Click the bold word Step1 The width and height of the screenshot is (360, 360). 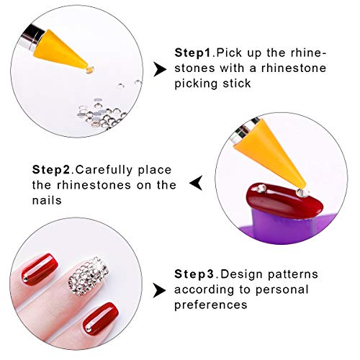pyautogui.click(x=194, y=53)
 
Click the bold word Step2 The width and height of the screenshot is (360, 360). pyautogui.click(x=51, y=170)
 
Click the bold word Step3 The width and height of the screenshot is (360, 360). pyautogui.click(x=194, y=274)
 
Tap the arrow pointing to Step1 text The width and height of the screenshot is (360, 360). pyautogui.click(x=160, y=69)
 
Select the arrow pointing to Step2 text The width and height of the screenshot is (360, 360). pyautogui.click(x=196, y=183)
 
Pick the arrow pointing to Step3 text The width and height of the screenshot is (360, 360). pyautogui.click(x=159, y=290)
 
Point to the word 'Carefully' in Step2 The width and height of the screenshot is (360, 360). pyautogui.click(x=104, y=170)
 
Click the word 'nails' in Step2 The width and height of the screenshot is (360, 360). pyautogui.click(x=47, y=200)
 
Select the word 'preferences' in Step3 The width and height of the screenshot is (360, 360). pyautogui.click(x=211, y=305)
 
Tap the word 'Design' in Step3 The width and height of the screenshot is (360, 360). pyautogui.click(x=236, y=275)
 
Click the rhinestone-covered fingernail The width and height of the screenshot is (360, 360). pyautogui.click(x=89, y=276)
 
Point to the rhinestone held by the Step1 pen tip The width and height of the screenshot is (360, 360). pyautogui.click(x=89, y=70)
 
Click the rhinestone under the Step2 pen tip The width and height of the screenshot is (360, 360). pyautogui.click(x=302, y=192)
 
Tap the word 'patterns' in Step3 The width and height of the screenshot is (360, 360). pyautogui.click(x=287, y=275)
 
